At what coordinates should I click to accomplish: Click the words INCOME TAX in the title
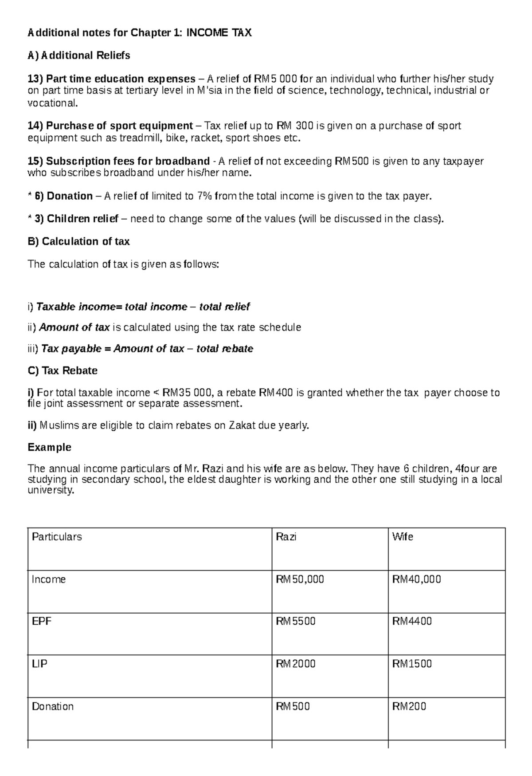point(219,33)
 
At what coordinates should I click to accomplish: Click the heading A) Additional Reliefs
point(79,55)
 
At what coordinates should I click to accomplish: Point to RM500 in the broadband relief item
point(352,161)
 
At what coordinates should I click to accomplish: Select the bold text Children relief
point(82,219)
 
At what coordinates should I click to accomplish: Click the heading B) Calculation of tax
point(78,241)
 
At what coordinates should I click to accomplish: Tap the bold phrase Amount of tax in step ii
point(74,327)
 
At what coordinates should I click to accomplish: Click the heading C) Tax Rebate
point(63,370)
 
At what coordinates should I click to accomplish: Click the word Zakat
point(242,425)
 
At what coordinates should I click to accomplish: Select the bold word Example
point(49,447)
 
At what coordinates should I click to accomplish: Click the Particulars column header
point(57,537)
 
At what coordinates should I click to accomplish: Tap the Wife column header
point(403,537)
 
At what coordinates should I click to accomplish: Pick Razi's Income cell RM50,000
point(300,579)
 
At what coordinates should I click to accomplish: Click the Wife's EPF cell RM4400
point(412,621)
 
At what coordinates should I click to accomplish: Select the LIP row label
point(39,664)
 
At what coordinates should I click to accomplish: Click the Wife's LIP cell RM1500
point(412,664)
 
